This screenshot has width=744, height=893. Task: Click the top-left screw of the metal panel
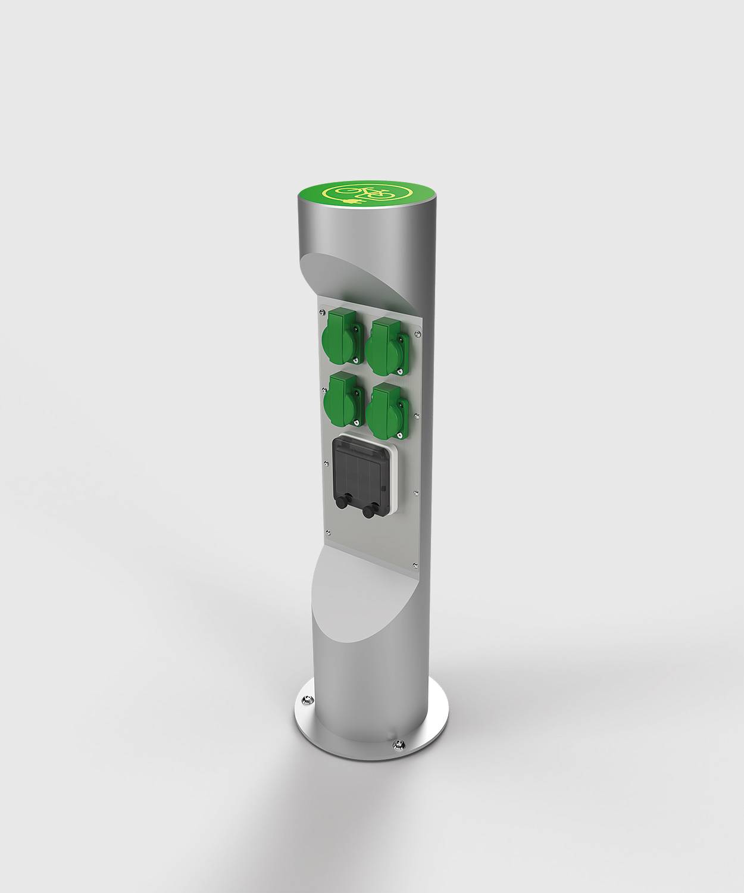pyautogui.click(x=321, y=310)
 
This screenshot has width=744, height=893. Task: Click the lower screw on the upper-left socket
pyautogui.click(x=355, y=359)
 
